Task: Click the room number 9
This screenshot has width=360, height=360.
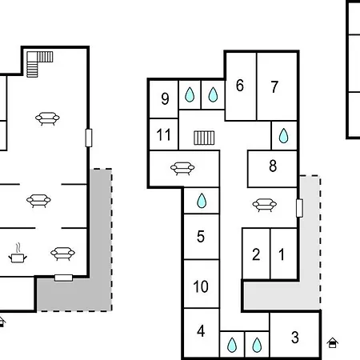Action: click(x=165, y=98)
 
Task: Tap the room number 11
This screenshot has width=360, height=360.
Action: click(x=163, y=134)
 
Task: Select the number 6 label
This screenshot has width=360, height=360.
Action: click(x=240, y=86)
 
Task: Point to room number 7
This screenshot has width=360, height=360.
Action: click(x=274, y=87)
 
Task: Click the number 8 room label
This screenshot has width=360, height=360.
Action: click(x=273, y=166)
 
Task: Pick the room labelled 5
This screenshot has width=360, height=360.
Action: click(x=201, y=236)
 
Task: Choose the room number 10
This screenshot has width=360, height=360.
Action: click(x=201, y=286)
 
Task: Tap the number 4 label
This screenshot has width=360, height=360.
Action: click(x=201, y=331)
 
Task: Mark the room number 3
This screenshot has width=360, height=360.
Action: click(x=294, y=338)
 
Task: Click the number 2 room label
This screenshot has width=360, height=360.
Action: click(x=256, y=254)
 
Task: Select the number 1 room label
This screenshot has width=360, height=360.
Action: click(x=282, y=254)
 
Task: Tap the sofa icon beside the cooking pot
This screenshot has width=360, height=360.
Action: click(x=62, y=254)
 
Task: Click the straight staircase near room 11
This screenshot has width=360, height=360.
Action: click(x=204, y=138)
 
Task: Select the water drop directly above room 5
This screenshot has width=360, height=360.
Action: click(x=202, y=201)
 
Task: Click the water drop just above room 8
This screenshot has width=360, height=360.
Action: click(x=283, y=136)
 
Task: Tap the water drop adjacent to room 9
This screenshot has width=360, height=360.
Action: click(x=190, y=94)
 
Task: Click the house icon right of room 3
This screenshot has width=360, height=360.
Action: click(x=333, y=342)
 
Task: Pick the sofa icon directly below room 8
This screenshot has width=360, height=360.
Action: click(x=265, y=205)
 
